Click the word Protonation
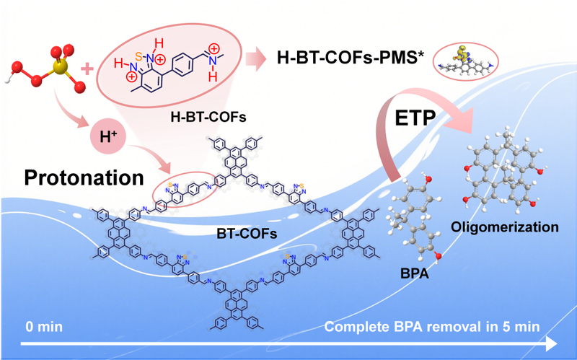tap(82, 175)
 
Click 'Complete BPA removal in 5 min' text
tap(431, 326)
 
